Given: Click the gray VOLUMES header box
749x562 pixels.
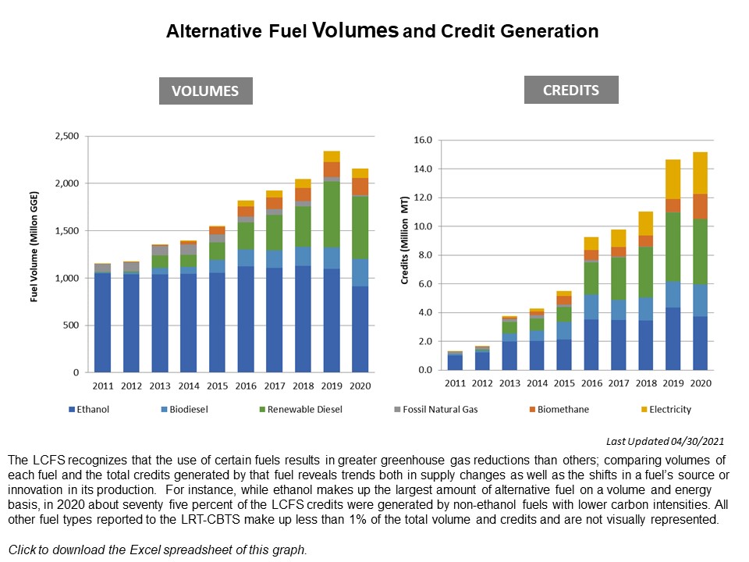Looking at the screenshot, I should [206, 91].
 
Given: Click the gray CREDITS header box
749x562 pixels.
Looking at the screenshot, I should [572, 90].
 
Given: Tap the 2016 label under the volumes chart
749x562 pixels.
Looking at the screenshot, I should [246, 386].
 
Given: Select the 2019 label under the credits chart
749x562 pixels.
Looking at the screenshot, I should [673, 383].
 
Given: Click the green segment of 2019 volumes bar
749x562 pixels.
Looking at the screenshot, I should [332, 214].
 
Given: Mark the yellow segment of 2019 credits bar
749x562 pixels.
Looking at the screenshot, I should [673, 179].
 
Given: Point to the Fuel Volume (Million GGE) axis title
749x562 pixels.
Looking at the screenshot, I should [34, 254].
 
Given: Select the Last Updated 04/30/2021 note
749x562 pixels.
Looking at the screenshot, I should [665, 440].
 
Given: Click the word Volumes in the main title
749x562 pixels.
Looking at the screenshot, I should [355, 30].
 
